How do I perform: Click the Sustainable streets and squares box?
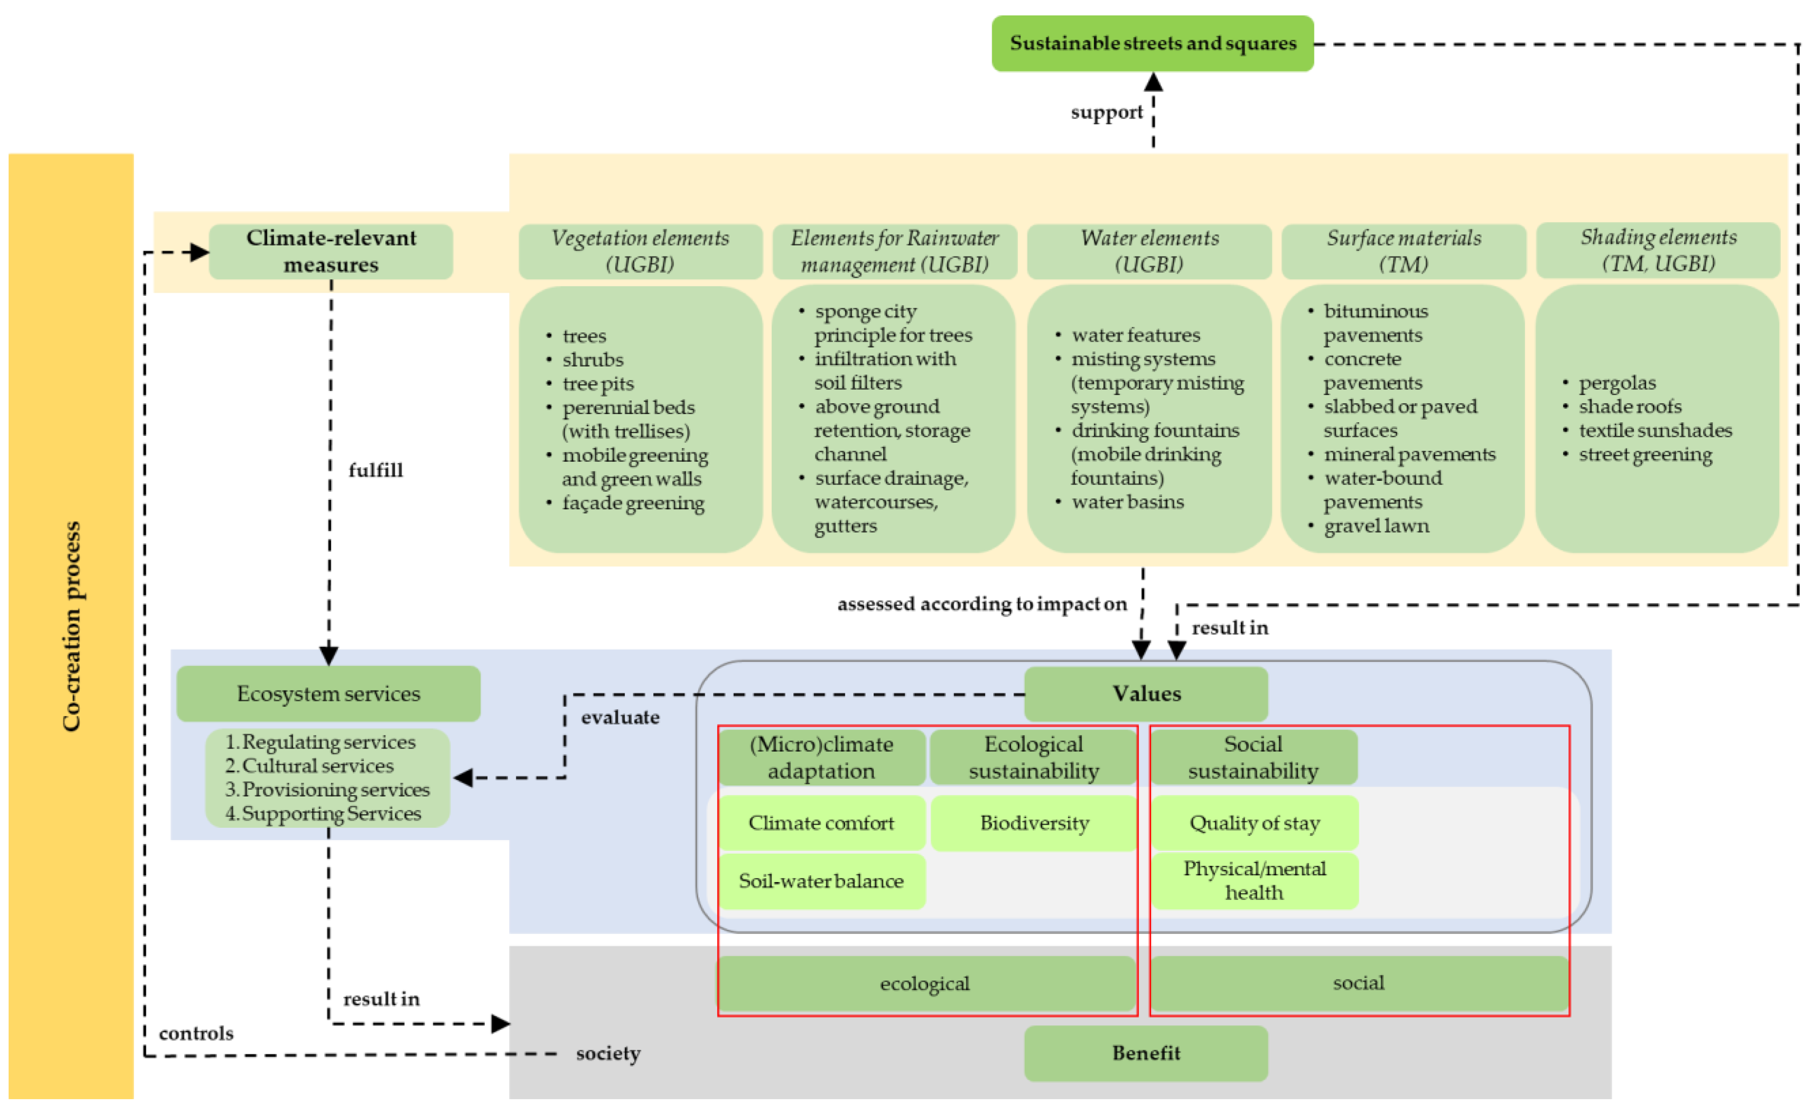click(x=1152, y=43)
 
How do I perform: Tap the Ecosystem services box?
click(x=328, y=693)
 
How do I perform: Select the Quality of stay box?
click(x=1254, y=823)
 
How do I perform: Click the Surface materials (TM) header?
click(x=1403, y=251)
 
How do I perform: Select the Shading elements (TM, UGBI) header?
click(x=1658, y=251)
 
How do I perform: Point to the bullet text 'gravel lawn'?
click(x=1376, y=526)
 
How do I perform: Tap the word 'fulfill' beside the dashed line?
click(x=376, y=470)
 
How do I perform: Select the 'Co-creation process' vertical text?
click(x=71, y=626)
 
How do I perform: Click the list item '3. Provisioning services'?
click(x=327, y=790)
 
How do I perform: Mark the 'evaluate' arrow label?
click(x=620, y=717)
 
